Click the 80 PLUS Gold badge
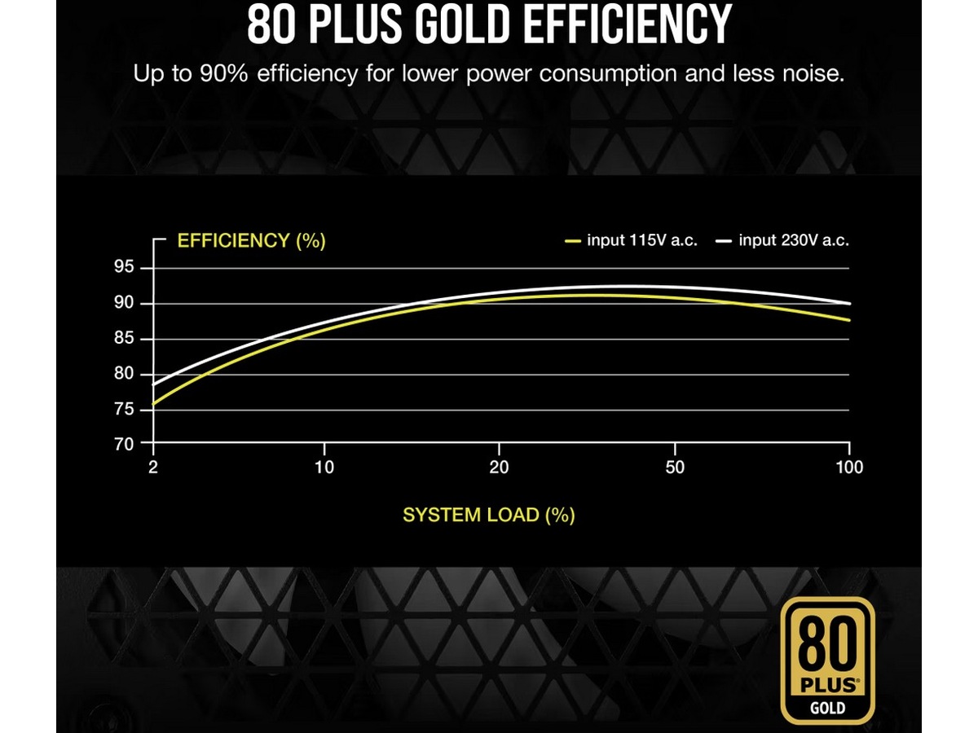click(827, 661)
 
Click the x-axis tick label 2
click(152, 467)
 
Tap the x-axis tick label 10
click(324, 467)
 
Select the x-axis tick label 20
click(499, 467)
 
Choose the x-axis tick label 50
click(675, 467)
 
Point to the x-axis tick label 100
click(849, 467)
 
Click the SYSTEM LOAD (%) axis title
click(488, 516)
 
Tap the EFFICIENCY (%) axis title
click(251, 241)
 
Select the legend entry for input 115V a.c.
click(632, 241)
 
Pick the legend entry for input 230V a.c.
click(783, 241)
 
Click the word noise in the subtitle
click(806, 74)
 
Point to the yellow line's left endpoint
click(153, 404)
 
